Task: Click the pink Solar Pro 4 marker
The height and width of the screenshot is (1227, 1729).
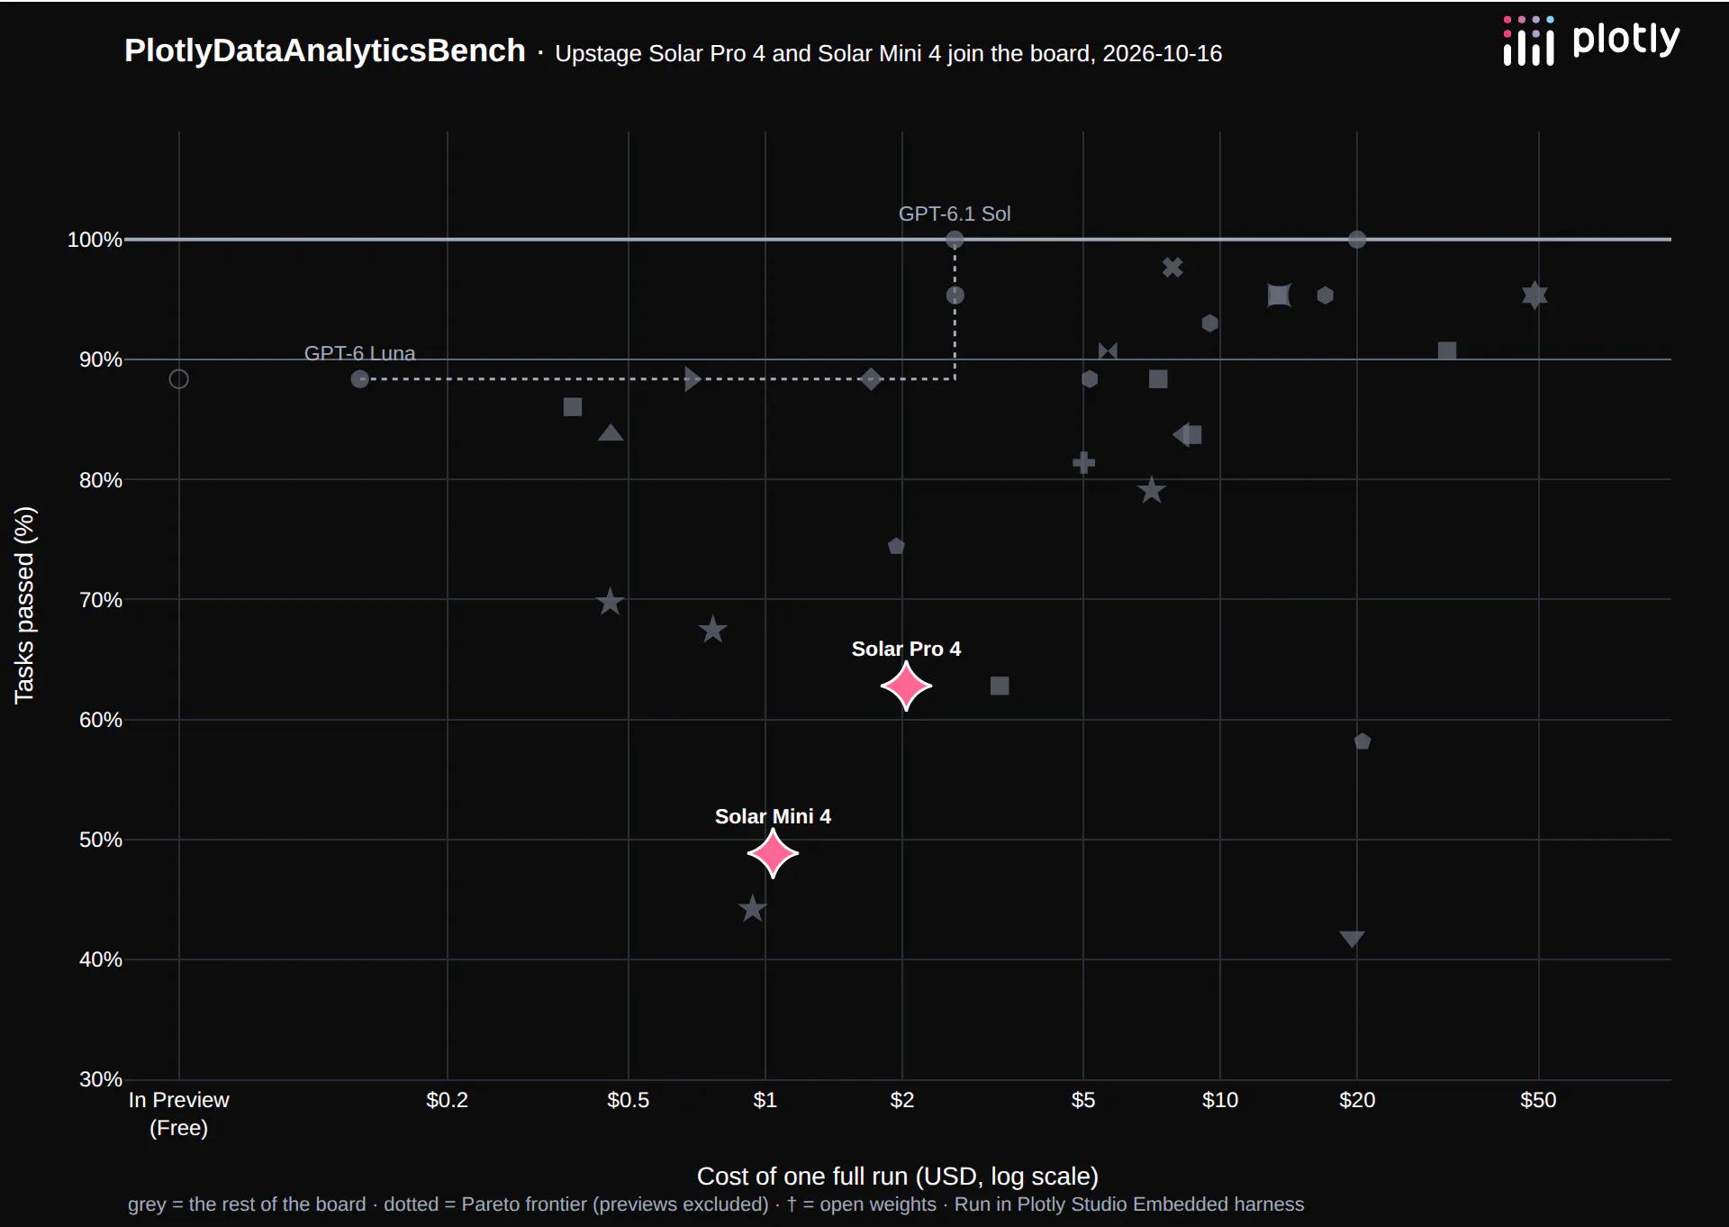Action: tap(906, 686)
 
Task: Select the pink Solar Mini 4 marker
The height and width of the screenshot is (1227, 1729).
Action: tap(773, 853)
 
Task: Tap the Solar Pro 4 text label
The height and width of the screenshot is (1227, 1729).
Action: tap(906, 649)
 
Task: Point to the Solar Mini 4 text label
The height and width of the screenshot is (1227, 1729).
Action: tap(773, 816)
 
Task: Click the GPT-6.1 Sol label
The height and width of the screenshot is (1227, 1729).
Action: tap(955, 214)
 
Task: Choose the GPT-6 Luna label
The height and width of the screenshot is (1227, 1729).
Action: tap(359, 353)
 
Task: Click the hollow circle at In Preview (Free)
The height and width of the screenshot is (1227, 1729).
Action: tap(179, 379)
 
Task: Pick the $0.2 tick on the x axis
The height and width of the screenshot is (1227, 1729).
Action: tap(448, 1100)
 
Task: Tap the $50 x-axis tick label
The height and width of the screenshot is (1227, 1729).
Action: tap(1538, 1100)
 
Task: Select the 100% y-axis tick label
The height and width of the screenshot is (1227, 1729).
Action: tap(95, 240)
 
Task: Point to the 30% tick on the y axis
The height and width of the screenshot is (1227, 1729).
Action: tap(101, 1079)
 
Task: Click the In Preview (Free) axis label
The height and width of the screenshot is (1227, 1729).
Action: tap(179, 1113)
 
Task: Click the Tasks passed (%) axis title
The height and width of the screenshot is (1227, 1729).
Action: tap(24, 604)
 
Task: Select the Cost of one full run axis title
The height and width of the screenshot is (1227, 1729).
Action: tap(898, 1177)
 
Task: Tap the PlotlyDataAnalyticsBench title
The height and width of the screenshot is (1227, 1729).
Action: tap(325, 50)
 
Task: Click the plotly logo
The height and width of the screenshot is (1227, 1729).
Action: tap(1591, 41)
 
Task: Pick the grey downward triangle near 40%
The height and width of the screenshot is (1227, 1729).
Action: tap(1352, 939)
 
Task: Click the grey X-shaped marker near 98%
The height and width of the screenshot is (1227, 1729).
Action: tap(1172, 268)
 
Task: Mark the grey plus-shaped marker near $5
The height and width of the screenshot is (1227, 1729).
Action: tap(1084, 463)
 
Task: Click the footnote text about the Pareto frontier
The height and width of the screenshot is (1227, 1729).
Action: tap(576, 1204)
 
